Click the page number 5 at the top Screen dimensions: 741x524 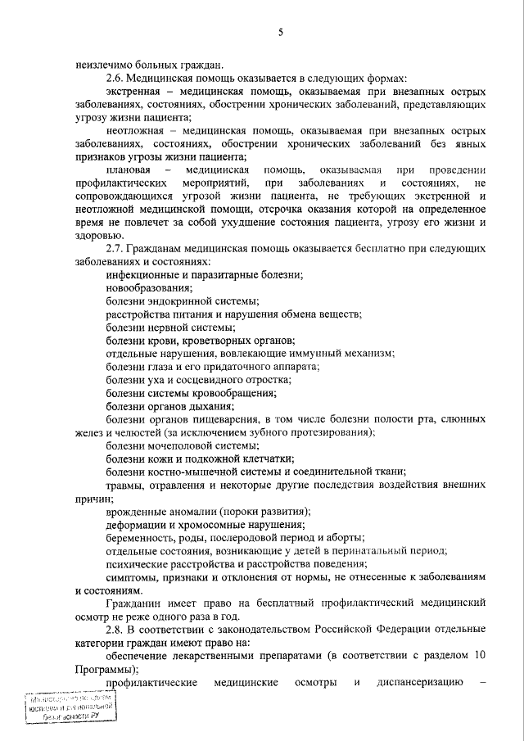point(280,33)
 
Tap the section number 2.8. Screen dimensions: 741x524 point(115,629)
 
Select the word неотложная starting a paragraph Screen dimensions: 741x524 point(135,131)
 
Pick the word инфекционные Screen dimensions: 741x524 point(141,275)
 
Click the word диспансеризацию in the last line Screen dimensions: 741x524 point(421,682)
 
